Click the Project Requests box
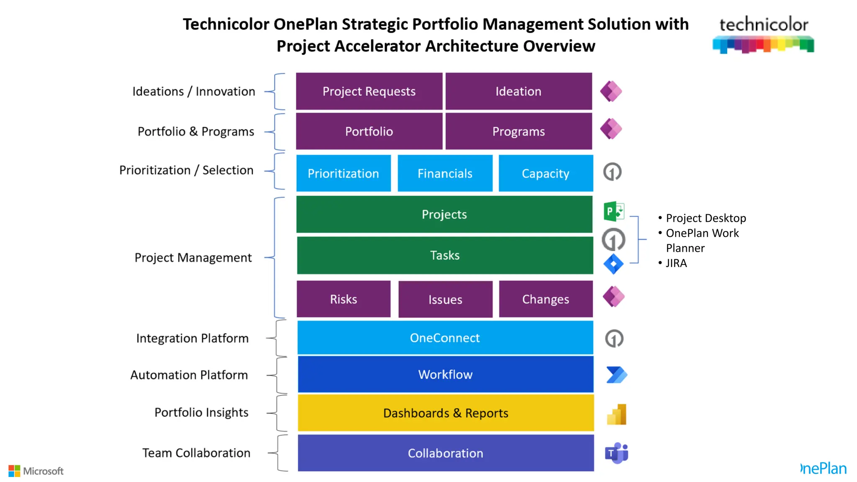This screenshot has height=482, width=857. click(369, 91)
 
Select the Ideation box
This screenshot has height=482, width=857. click(518, 91)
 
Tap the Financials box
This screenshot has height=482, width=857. click(445, 173)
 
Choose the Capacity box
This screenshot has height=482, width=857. click(546, 173)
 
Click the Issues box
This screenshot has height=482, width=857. click(445, 299)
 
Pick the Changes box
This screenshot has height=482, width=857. click(546, 299)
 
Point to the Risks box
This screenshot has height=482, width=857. click(344, 299)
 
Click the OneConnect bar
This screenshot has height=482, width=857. click(445, 338)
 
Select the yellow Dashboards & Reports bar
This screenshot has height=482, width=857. click(446, 413)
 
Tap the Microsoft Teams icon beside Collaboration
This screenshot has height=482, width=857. click(616, 453)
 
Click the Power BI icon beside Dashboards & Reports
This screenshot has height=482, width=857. click(617, 414)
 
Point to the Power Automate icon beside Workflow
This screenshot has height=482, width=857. click(616, 374)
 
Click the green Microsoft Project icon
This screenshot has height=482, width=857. click(613, 211)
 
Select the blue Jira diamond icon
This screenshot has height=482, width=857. click(613, 264)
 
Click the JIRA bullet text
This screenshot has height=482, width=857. click(676, 263)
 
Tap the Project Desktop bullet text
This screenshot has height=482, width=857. click(706, 218)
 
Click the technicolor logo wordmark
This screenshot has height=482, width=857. click(764, 25)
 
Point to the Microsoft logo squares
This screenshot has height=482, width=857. click(14, 471)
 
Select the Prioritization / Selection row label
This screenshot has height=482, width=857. click(186, 170)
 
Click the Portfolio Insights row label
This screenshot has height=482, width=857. click(201, 413)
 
